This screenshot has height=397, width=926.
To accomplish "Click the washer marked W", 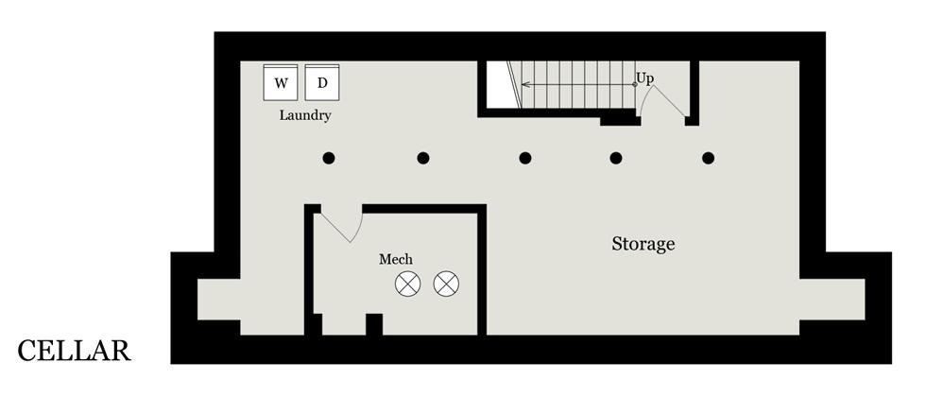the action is (281, 82).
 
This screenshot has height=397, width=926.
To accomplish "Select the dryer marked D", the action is (322, 82).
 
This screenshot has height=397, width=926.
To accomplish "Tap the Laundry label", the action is (305, 115).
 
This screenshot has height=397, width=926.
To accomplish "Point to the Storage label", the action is (643, 244).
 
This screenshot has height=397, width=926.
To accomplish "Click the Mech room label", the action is (396, 259).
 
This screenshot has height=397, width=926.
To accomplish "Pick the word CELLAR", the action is (74, 352).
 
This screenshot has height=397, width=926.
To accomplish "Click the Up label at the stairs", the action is (645, 78).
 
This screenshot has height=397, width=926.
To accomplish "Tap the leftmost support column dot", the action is (329, 158).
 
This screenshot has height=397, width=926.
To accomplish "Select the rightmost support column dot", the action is (709, 158).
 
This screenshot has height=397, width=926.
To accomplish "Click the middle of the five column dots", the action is (525, 158).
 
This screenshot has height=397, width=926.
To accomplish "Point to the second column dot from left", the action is (423, 158).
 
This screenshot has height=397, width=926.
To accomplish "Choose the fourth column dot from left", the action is (616, 158).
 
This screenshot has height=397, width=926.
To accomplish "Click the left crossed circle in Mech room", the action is (408, 283).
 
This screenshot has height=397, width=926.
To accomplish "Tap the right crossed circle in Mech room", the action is (446, 283).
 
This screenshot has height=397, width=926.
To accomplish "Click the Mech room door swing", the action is (343, 225).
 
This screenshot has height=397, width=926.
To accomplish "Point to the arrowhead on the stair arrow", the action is (524, 85).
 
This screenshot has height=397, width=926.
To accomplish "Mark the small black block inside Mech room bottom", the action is (374, 324).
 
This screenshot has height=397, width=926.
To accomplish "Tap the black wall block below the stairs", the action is (620, 118).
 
